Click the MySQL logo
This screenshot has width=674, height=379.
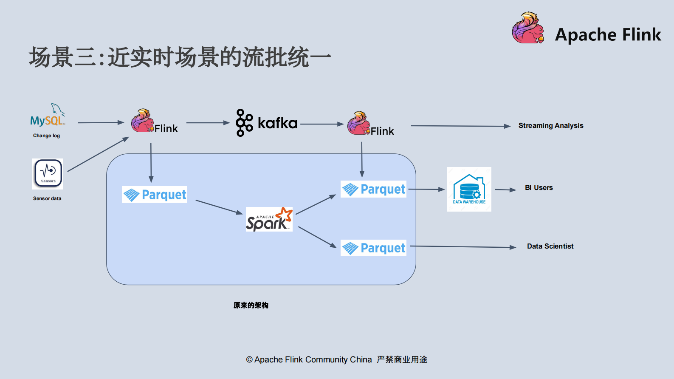48,116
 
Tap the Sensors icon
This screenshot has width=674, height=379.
48,173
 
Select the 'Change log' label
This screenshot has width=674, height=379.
46,136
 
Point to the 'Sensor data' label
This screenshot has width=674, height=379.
47,198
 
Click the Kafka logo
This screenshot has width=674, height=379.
267,123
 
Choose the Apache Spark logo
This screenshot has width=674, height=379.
269,220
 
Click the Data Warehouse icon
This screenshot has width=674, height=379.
469,189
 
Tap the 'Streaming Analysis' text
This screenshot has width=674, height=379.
550,125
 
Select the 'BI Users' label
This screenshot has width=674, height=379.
539,187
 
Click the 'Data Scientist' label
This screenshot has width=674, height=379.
550,246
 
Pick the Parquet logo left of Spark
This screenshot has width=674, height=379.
155,195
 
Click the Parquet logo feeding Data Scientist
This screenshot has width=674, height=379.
373,248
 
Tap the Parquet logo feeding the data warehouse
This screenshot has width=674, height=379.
373,189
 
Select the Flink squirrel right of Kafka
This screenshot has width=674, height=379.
358,123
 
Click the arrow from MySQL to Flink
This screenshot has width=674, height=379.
101,122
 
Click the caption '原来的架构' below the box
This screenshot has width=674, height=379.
251,305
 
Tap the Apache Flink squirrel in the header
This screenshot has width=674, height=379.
528,28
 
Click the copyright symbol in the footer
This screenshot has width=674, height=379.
249,359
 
